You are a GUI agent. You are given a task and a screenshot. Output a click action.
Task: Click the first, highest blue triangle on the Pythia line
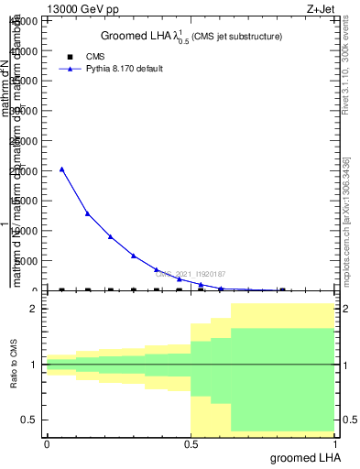pyautogui.click(x=61, y=169)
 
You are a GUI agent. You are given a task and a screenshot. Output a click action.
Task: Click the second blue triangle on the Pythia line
pyautogui.click(x=87, y=213)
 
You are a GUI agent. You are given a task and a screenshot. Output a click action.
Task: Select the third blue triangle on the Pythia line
pyautogui.click(x=110, y=236)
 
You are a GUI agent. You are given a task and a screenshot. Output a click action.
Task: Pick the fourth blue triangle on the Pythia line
pyautogui.click(x=134, y=256)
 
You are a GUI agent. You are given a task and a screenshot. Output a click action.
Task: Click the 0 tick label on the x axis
pyautogui.click(x=47, y=443)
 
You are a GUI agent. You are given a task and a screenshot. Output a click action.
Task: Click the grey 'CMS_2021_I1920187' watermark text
pyautogui.click(x=189, y=274)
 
